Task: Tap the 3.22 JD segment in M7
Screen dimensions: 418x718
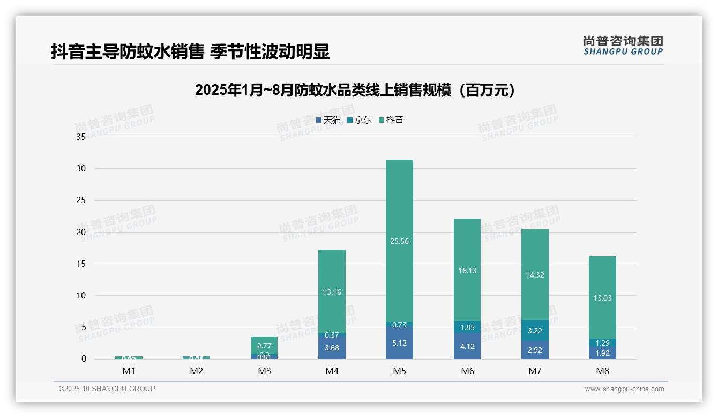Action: coord(535,331)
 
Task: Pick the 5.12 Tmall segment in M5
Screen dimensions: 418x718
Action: coord(399,343)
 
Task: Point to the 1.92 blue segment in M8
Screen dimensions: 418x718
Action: coord(602,353)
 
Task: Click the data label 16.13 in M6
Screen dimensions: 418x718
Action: coord(467,271)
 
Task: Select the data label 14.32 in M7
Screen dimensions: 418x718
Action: coord(535,275)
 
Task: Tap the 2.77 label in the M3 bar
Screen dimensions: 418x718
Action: coord(264,346)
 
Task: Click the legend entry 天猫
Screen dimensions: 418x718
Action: coord(328,120)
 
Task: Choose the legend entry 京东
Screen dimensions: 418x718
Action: coord(360,120)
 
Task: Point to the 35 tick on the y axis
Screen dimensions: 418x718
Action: coord(81,137)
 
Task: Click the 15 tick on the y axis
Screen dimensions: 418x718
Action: coord(81,264)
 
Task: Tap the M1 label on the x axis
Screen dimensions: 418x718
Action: coord(129,371)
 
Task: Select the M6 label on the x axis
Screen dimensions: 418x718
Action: coord(467,371)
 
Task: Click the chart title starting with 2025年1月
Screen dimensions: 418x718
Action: coord(355,90)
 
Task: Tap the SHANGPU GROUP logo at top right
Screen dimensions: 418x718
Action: coord(623,46)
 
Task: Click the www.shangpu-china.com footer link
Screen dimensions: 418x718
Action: coord(624,389)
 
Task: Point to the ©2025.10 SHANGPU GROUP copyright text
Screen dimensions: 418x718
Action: coord(107,389)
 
